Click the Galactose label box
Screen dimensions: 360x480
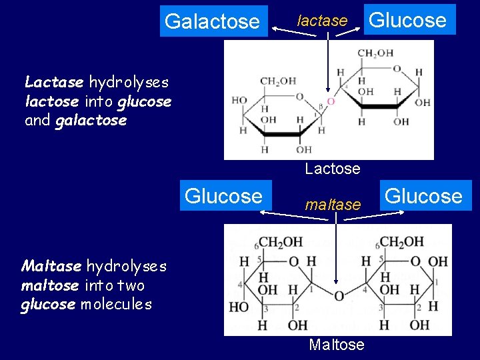212,21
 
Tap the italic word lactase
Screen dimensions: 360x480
322,21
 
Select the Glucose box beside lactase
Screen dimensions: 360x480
408,20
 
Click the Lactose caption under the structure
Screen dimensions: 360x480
333,169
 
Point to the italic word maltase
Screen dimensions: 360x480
333,205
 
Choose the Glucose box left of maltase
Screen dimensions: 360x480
223,196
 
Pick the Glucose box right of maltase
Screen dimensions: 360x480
424,196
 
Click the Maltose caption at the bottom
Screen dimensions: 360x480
337,345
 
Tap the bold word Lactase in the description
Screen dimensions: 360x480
54,83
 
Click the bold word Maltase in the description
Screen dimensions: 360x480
51,267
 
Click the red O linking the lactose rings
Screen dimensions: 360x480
330,102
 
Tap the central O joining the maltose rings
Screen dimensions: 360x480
339,296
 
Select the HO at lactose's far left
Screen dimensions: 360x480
239,101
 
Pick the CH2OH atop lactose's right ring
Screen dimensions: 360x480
375,53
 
